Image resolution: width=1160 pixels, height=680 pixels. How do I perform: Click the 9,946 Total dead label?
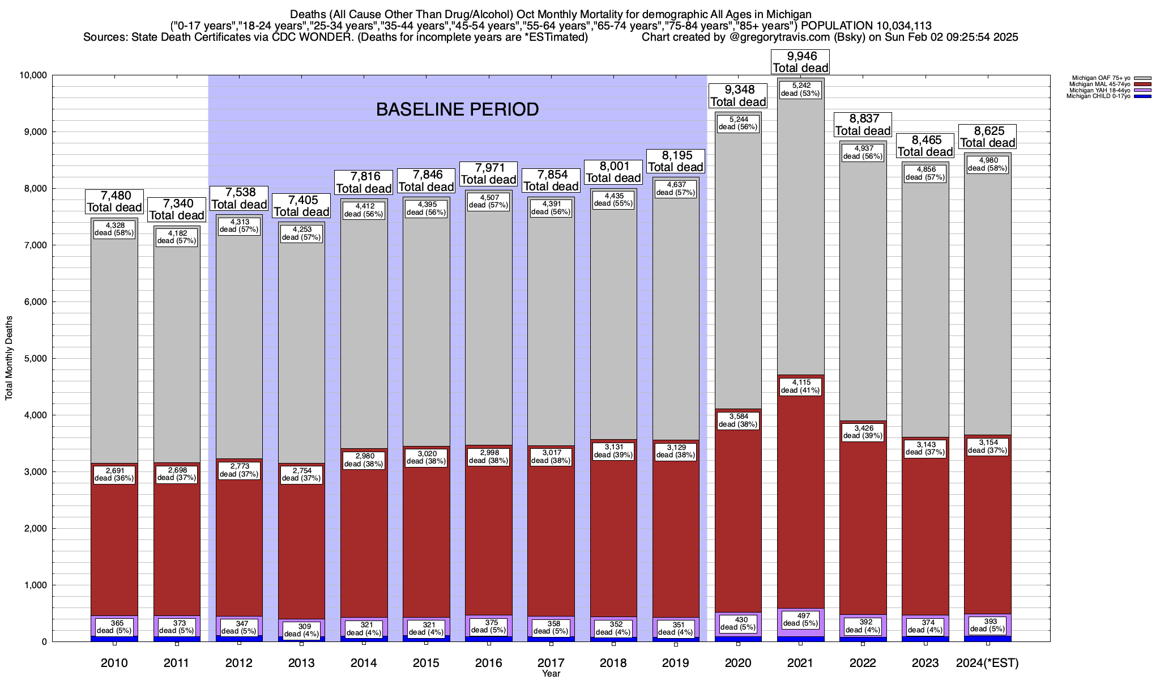[800, 62]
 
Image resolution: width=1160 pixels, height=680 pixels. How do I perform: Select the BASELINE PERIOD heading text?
[457, 109]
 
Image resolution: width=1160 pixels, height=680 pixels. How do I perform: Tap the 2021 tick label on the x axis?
[800, 662]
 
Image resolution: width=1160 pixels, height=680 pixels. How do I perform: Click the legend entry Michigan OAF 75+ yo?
[1099, 78]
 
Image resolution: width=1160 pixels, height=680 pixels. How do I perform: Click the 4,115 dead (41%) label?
[800, 386]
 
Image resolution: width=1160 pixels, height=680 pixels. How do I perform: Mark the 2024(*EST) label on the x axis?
[987, 662]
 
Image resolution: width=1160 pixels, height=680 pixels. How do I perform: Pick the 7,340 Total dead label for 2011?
[177, 209]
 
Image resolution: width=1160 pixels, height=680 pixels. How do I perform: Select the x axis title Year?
[551, 673]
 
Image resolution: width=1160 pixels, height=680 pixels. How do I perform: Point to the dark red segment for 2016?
[489, 538]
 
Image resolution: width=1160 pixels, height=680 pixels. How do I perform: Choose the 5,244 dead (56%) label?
[738, 123]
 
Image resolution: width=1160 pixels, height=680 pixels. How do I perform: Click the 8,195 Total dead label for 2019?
[676, 161]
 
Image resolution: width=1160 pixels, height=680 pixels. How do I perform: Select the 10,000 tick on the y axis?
[32, 75]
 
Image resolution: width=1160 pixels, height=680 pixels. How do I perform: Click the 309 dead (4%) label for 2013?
[301, 630]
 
